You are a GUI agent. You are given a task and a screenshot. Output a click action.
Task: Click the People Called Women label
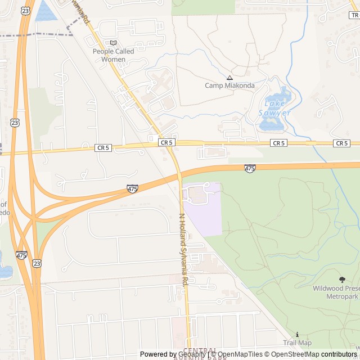point(113,55)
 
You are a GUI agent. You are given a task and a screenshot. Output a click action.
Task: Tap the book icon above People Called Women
point(113,43)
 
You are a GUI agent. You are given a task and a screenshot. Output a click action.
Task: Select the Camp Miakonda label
point(229,85)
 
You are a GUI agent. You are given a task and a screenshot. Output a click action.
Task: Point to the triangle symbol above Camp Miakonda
point(229,78)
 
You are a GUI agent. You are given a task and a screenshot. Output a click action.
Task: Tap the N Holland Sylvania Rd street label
point(183,250)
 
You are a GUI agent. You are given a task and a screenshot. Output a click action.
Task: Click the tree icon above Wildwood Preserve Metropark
point(341,280)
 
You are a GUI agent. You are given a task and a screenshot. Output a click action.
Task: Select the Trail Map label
point(297,343)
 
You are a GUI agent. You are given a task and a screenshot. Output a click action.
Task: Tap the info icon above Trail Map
point(297,334)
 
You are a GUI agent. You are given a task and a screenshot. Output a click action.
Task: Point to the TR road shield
point(354,15)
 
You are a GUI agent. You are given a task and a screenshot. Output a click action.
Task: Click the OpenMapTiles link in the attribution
point(240,354)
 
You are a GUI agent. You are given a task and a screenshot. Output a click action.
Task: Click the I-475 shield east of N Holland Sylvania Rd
point(250,168)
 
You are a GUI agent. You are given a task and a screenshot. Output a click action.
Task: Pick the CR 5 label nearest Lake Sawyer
point(279,143)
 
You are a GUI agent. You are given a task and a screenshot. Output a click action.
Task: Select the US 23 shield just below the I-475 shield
point(37,263)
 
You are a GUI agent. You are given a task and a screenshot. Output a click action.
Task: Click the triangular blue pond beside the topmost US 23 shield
point(44,12)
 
